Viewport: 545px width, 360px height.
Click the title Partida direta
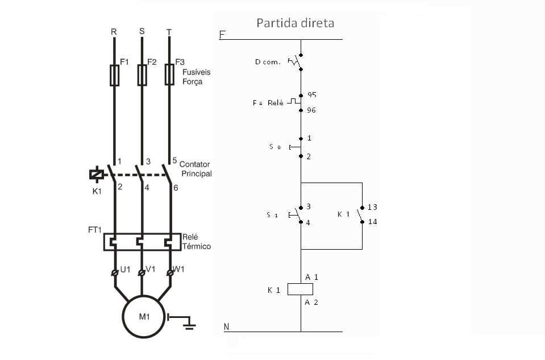coord(295,23)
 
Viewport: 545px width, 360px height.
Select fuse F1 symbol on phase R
coord(114,75)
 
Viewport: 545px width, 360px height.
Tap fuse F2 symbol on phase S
coord(142,75)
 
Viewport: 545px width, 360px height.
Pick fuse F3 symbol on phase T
coord(169,75)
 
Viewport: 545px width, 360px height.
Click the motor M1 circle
coord(144,317)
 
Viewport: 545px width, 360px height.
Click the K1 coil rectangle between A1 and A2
coord(301,289)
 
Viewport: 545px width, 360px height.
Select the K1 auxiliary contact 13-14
coord(361,215)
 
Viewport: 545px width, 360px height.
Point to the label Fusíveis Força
coord(192,77)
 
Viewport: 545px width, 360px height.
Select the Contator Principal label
coord(195,169)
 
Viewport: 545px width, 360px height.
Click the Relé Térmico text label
coord(196,242)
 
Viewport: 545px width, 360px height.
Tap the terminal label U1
coord(125,270)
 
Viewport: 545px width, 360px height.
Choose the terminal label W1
coord(179,270)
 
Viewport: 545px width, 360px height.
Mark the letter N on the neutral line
coord(226,326)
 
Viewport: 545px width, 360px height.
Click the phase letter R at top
coord(114,32)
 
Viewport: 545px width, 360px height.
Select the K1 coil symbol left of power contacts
coord(97,175)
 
